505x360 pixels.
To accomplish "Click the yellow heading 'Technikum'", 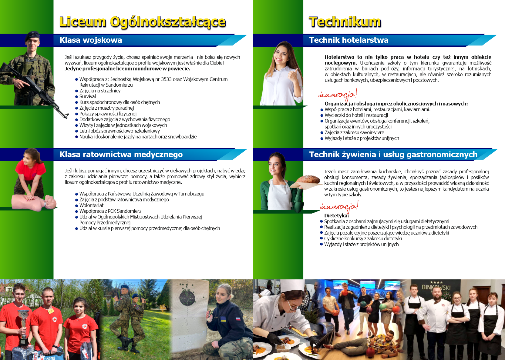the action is [x=345, y=22].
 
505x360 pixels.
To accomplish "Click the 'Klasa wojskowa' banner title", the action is [x=91, y=40].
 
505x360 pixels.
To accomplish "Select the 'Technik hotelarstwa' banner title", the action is [x=349, y=40].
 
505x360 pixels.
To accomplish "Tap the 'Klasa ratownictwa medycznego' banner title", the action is [x=121, y=155].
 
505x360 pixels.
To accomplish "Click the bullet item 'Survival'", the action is [x=87, y=96].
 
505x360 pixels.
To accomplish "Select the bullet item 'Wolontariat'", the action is [x=91, y=205].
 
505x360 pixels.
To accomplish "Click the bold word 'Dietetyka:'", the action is [x=336, y=215].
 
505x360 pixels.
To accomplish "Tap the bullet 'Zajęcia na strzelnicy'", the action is [x=100, y=91].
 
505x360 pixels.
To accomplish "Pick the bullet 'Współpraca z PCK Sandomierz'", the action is [x=110, y=211].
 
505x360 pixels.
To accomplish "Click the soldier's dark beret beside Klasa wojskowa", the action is [x=32, y=35].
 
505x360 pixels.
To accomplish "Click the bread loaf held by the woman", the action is [x=308, y=180].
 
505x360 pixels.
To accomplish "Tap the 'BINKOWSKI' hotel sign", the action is [x=436, y=287].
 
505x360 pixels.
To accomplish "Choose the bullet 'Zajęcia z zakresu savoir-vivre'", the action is [x=354, y=132].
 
